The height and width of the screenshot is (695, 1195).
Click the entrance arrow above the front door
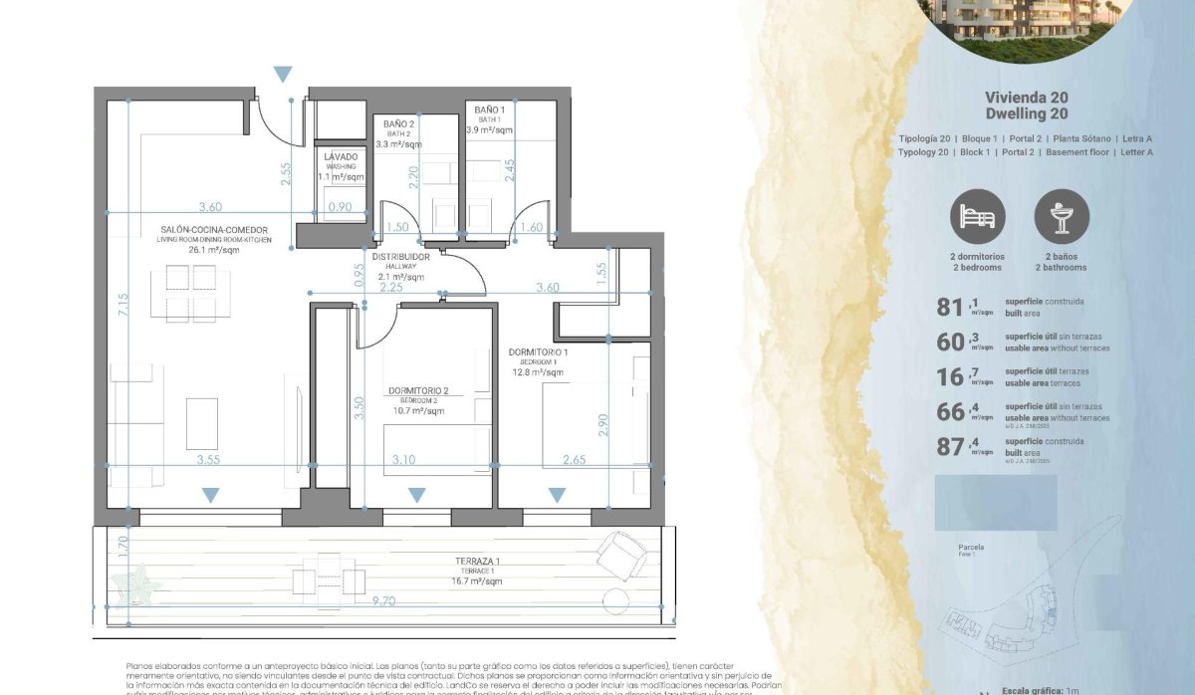(x=284, y=74)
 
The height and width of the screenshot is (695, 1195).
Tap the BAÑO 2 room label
(x=398, y=124)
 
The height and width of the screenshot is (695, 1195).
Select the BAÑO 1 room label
(x=489, y=110)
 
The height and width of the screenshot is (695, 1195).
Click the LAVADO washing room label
(x=341, y=157)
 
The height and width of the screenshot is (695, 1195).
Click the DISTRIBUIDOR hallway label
(x=400, y=257)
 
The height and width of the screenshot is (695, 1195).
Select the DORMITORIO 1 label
(x=538, y=352)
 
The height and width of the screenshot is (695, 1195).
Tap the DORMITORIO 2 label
(x=418, y=390)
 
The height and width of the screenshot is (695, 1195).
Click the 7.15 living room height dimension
(x=121, y=305)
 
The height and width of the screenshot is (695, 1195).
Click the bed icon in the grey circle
(x=977, y=216)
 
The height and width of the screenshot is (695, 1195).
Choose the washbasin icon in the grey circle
(x=1063, y=216)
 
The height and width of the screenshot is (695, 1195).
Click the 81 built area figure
(x=949, y=306)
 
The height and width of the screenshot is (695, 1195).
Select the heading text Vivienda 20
(x=1026, y=98)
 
